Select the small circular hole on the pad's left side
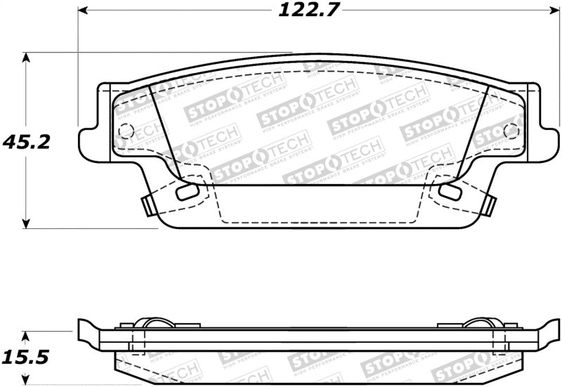point(126,131)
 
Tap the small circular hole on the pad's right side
point(511,131)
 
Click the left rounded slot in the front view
point(187,192)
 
